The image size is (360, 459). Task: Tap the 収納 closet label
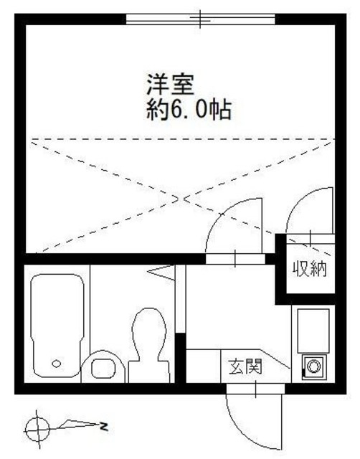(x=309, y=270)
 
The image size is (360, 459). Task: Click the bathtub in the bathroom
(x=57, y=326)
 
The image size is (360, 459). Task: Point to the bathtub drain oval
(x=57, y=364)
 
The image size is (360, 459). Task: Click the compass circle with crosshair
(x=37, y=429)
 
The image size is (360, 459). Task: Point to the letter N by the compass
(x=104, y=429)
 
